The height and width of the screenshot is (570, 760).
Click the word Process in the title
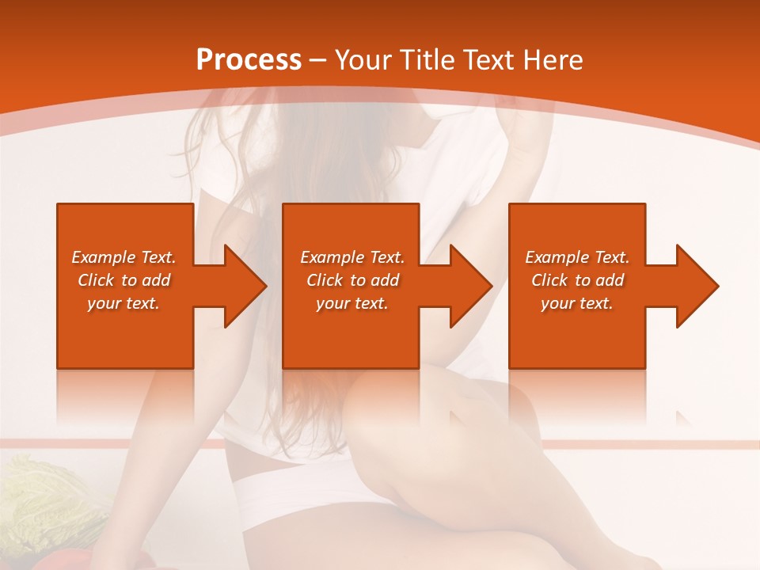click(x=249, y=60)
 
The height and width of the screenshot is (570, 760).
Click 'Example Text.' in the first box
click(x=123, y=257)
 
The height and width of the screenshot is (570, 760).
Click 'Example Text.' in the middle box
click(x=352, y=257)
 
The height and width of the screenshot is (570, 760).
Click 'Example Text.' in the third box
click(x=577, y=257)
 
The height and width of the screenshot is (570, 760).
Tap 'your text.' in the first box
click(x=123, y=303)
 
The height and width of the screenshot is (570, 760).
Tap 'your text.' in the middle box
click(x=352, y=303)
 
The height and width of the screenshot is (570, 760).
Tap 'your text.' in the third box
click(x=577, y=303)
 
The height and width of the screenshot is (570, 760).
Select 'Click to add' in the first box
click(x=123, y=280)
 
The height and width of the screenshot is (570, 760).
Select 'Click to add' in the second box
click(x=352, y=280)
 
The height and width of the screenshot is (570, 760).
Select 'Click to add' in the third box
click(x=577, y=280)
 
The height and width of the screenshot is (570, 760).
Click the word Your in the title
click(x=363, y=60)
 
